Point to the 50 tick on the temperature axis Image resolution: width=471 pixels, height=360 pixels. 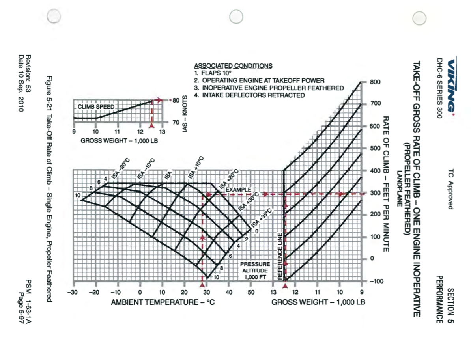[251, 292]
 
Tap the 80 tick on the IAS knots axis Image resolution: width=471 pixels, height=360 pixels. [176, 100]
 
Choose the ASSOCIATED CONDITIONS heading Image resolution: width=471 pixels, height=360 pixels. [233, 66]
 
